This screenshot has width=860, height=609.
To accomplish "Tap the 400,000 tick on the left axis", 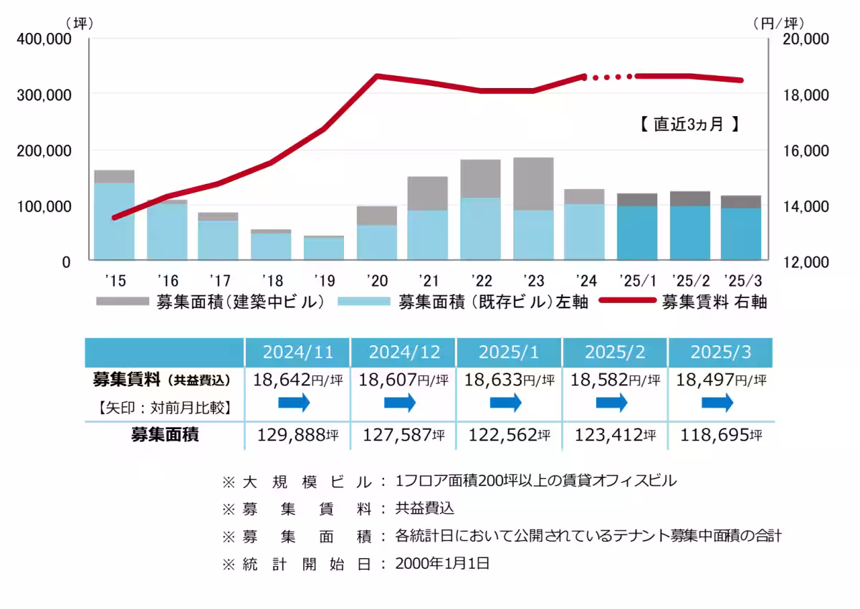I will click(44, 39).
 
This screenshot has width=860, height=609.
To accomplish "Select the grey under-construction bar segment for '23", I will click(533, 183).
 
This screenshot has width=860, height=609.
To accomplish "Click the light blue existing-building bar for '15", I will click(115, 221).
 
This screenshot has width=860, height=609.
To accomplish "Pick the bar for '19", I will click(324, 248).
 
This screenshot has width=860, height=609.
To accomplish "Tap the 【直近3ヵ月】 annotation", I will click(689, 124).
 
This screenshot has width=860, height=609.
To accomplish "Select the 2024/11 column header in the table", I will click(298, 353).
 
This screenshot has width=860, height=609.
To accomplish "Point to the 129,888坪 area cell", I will click(298, 434).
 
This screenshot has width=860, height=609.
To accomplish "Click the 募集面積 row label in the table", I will click(164, 434).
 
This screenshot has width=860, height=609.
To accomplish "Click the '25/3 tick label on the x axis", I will click(741, 280).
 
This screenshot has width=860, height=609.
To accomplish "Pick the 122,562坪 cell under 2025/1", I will click(510, 434).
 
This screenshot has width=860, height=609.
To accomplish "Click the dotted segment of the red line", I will click(609, 76).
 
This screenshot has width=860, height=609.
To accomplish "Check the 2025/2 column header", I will click(616, 353).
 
